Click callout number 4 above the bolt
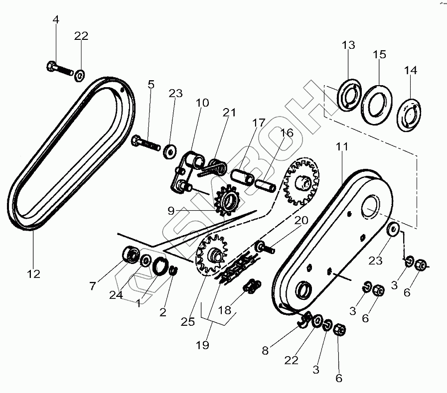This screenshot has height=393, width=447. pyautogui.click(x=56, y=20)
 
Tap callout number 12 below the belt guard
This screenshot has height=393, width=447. pyautogui.click(x=34, y=274)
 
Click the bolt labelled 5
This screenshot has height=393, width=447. pyautogui.click(x=146, y=143)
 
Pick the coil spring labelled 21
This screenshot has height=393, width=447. pyautogui.click(x=213, y=167)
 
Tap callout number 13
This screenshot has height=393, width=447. pyautogui.click(x=348, y=45)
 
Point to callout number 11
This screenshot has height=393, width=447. pyautogui.click(x=342, y=147)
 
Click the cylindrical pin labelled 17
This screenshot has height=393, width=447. pyautogui.click(x=242, y=177)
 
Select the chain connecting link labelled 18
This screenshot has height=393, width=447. pyautogui.click(x=252, y=287)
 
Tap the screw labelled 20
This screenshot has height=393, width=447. pyautogui.click(x=265, y=247)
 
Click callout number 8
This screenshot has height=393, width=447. pyautogui.click(x=265, y=350)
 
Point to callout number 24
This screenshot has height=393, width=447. pyautogui.click(x=116, y=295)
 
